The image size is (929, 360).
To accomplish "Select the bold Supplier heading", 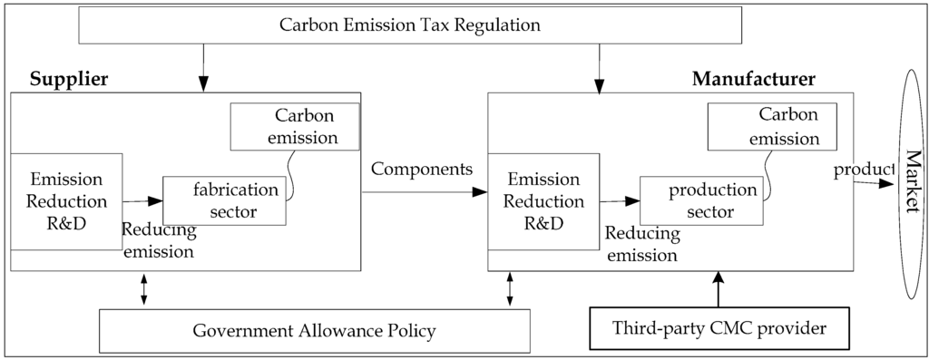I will (x=69, y=79).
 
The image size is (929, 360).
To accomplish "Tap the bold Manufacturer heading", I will (x=753, y=79).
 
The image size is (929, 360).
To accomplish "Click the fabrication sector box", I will (x=224, y=199).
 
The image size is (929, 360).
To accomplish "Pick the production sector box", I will (x=699, y=201).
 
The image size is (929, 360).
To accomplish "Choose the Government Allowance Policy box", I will (x=314, y=330).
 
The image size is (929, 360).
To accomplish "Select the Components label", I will (x=422, y=170).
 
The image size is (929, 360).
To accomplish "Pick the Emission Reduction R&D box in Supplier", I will (x=66, y=200).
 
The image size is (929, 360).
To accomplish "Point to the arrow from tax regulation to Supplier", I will (x=202, y=68).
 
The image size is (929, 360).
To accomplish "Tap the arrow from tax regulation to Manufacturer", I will (x=599, y=68).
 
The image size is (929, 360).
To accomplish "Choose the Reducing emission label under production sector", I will (x=642, y=244).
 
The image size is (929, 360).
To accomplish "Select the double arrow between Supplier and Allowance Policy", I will (x=144, y=289).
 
